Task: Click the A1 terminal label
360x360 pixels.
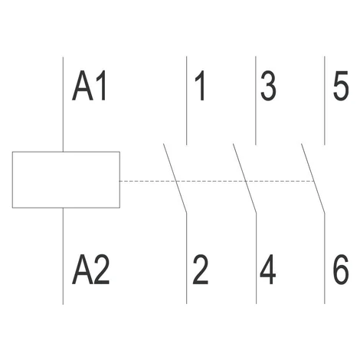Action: point(90,86)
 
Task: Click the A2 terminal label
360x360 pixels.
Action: point(91,269)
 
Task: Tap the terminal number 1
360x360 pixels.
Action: point(200,86)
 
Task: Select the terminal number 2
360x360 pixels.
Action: point(201,269)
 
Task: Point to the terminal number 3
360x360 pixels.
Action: point(268,86)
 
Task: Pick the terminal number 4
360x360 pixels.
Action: point(268,269)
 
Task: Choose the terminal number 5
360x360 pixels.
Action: point(341,86)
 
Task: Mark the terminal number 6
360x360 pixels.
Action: point(341,269)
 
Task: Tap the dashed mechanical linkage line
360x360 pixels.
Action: point(217,181)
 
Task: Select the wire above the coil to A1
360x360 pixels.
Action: point(63,104)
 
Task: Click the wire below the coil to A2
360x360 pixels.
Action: point(63,256)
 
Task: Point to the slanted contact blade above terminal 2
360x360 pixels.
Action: point(175,178)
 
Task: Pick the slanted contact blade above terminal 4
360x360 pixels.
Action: point(244,178)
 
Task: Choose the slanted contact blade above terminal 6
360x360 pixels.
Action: point(313,178)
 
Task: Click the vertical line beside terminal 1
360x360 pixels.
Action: point(187,100)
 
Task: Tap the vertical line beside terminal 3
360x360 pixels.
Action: point(256,100)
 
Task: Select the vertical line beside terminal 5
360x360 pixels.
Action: point(325,100)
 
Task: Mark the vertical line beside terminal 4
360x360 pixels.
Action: point(256,258)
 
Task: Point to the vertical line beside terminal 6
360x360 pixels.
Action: point(325,258)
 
